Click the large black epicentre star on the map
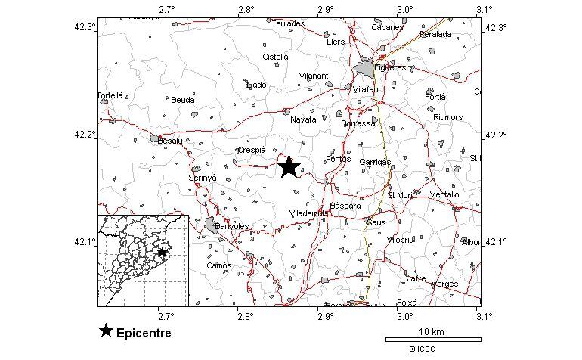(x=289, y=167)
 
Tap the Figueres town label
(x=391, y=67)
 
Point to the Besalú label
(x=170, y=141)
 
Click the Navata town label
(x=303, y=119)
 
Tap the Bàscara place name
(x=345, y=206)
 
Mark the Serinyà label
(x=202, y=178)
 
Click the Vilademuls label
(x=308, y=214)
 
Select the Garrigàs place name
(x=375, y=163)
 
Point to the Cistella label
(x=275, y=57)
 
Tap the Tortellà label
(x=110, y=96)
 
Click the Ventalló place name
(x=444, y=194)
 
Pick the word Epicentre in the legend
(x=144, y=333)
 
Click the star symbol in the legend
(x=107, y=331)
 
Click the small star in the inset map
(x=162, y=252)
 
